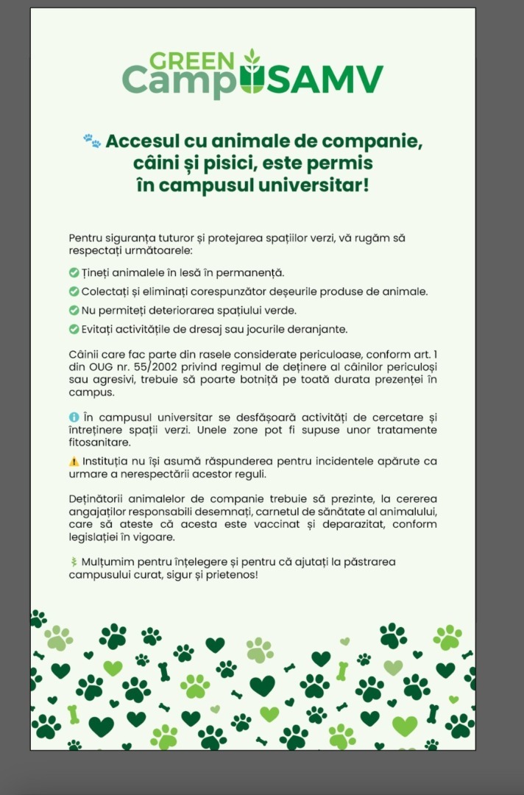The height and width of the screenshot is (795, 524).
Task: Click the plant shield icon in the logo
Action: [x=252, y=74]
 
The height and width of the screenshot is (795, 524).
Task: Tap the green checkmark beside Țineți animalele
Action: [x=74, y=273]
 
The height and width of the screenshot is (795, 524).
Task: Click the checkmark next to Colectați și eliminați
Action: [x=74, y=291]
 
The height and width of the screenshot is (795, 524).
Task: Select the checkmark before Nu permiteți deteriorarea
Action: [x=74, y=310]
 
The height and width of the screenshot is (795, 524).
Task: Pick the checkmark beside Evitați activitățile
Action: [x=74, y=328]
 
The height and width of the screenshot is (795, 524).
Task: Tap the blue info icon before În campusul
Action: [x=74, y=417]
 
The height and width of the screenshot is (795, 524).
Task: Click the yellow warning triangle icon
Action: [x=74, y=462]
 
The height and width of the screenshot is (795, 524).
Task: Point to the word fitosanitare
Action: [x=99, y=442]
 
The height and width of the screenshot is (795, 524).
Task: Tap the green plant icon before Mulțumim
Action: [x=74, y=562]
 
